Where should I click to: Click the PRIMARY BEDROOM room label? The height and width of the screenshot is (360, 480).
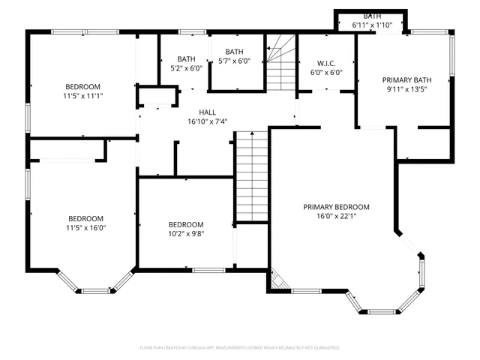pos(336,207)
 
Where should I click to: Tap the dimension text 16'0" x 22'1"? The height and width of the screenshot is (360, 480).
pos(336,217)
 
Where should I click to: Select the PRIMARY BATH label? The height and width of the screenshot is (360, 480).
pos(406,79)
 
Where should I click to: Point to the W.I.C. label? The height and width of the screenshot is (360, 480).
pos(326,63)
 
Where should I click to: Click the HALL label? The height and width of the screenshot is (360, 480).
pos(208,112)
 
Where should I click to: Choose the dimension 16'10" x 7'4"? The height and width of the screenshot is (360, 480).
pos(208,121)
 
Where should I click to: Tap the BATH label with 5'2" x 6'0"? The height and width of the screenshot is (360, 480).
pos(186,59)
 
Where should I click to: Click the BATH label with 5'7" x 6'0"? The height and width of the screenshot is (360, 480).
pos(235,52)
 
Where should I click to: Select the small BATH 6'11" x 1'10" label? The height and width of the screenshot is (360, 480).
pos(372,16)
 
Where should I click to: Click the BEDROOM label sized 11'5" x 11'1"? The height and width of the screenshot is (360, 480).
pos(82,87)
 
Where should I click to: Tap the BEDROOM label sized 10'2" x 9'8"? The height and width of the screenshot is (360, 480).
pos(185,224)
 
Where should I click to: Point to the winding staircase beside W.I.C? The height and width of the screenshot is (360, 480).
pos(280,61)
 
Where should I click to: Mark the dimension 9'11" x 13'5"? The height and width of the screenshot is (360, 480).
pos(406,89)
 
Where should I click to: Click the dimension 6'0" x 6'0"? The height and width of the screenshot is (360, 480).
pos(326,73)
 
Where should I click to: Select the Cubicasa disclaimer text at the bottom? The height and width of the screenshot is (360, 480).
pos(240,348)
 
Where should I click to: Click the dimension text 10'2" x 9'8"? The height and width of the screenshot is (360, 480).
pos(185,233)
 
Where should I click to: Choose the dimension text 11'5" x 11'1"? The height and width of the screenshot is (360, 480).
pos(82,97)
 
